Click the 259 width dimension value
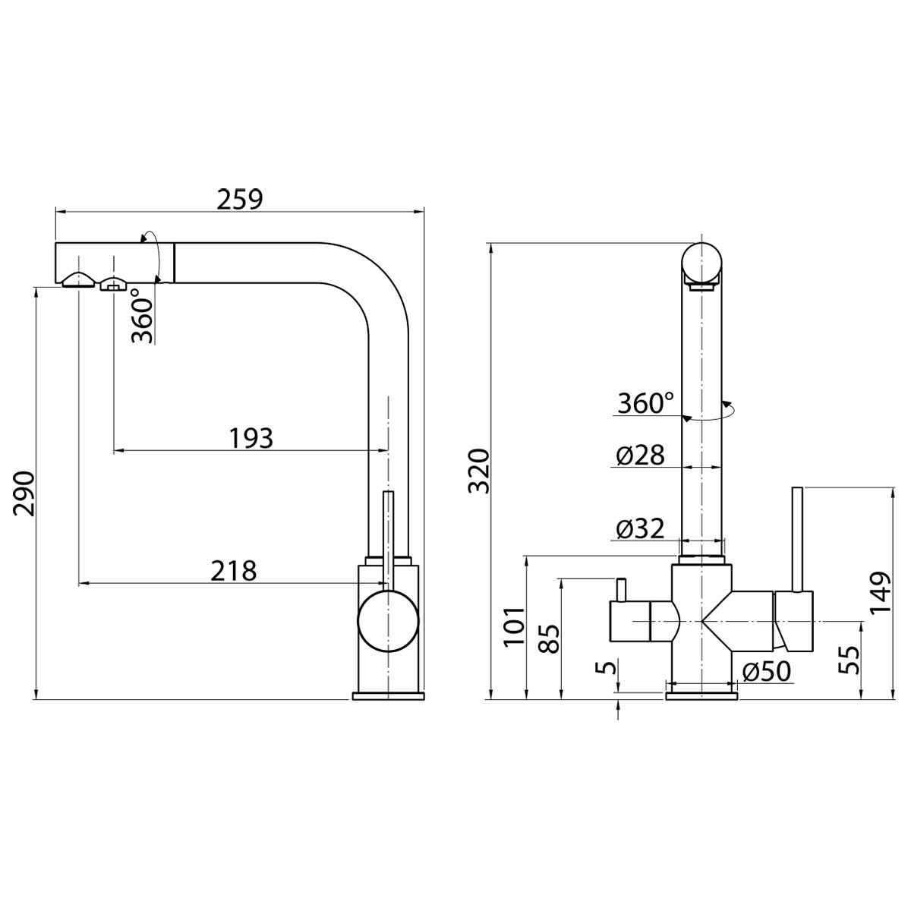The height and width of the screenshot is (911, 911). tap(239, 199)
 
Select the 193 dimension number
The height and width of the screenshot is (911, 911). tap(251, 438)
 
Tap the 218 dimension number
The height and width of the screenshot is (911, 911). tap(234, 571)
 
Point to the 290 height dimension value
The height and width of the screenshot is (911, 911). tap(24, 493)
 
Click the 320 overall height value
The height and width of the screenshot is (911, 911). tap(478, 471)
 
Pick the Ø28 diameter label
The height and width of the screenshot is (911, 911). tap(641, 455)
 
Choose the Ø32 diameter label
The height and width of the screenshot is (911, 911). tap(641, 528)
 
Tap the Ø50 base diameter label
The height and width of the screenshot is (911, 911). tap(766, 671)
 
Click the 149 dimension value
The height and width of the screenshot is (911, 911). tap(880, 592)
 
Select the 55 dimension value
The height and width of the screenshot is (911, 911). tap(848, 660)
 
